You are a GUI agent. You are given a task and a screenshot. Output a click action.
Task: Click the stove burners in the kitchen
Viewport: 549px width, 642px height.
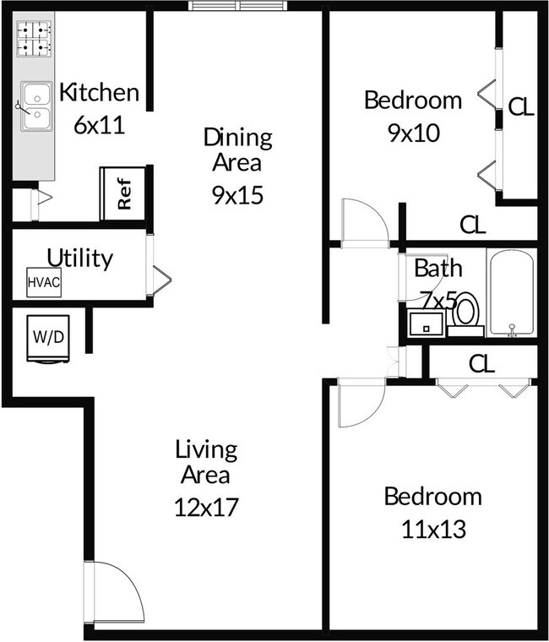(35, 38)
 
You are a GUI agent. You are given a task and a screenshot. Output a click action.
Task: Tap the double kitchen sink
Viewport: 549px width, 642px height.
(35, 106)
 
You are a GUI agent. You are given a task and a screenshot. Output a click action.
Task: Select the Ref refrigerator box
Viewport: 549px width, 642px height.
(123, 193)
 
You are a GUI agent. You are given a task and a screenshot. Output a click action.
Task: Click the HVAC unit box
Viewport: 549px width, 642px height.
(44, 282)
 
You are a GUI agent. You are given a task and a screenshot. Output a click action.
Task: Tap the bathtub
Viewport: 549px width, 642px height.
(511, 292)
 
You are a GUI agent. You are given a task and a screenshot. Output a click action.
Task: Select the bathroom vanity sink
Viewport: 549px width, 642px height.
(425, 324)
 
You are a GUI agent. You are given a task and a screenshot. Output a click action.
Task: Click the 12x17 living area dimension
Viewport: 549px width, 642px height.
(206, 507)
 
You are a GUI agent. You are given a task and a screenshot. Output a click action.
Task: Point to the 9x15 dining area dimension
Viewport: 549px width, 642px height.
(237, 196)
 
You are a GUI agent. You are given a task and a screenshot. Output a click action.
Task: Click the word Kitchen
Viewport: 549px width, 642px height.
(98, 92)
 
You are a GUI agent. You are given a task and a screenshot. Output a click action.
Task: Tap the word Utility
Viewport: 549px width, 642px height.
(80, 258)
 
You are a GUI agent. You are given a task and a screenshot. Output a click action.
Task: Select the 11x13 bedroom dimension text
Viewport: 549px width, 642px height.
(433, 530)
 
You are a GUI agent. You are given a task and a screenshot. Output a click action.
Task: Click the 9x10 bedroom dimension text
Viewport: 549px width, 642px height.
(413, 133)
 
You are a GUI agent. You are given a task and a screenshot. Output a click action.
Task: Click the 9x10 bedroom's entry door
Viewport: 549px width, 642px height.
(363, 222)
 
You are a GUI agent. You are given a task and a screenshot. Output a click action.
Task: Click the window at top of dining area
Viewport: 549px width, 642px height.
(239, 7)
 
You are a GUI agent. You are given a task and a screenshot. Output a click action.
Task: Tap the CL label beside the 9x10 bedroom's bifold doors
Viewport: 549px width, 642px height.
(520, 107)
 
